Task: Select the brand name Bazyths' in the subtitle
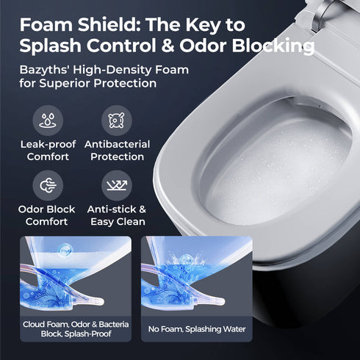(46, 70)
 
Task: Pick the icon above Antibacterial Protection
(117, 120)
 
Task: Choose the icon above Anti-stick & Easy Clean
(117, 184)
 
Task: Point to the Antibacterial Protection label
(117, 151)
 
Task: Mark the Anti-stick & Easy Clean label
(117, 215)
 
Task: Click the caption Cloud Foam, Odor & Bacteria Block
(75, 328)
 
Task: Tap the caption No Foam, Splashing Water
(196, 328)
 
